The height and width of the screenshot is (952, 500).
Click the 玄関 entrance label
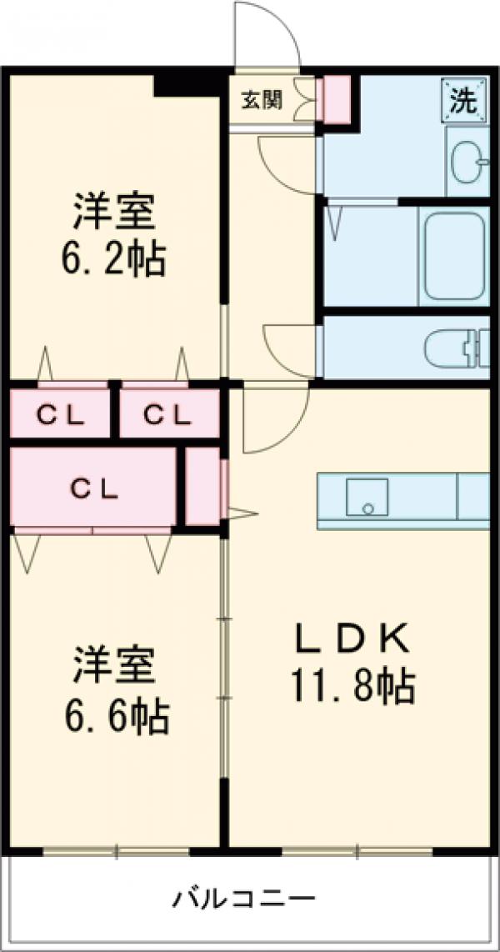click(x=262, y=100)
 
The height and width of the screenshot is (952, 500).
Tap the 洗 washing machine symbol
click(x=463, y=100)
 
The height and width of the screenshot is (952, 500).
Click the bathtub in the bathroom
click(x=454, y=256)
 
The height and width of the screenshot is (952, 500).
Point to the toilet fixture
click(x=454, y=348)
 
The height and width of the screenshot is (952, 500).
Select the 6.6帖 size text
click(x=116, y=715)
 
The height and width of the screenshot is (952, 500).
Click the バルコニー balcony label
click(x=244, y=899)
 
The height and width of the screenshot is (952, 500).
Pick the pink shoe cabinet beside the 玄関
click(x=337, y=100)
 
